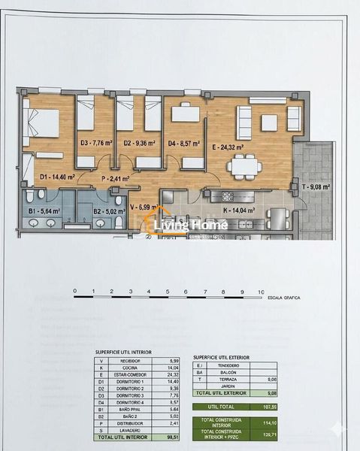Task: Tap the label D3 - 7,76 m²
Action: [x=95, y=143]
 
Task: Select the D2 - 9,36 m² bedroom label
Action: [x=139, y=143]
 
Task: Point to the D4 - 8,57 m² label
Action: [x=183, y=143]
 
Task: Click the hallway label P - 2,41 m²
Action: [x=114, y=179]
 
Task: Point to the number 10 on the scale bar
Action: [x=260, y=291]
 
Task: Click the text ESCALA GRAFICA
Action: [x=285, y=298]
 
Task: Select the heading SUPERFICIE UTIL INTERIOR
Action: [x=123, y=352]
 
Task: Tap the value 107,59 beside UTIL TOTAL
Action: [x=289, y=407]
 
